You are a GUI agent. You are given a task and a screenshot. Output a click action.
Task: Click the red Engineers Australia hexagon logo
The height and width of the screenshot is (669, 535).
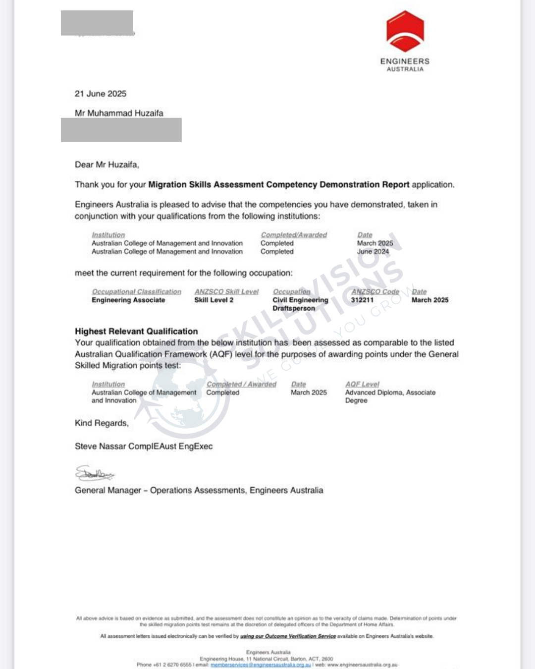[x=405, y=31]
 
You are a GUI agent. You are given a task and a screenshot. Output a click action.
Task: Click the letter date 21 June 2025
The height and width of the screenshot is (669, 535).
[x=101, y=94]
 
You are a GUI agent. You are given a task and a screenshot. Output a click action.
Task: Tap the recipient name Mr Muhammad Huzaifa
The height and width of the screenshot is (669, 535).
[x=119, y=113]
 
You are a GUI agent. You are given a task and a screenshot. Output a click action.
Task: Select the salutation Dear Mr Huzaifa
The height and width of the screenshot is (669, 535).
[x=107, y=165]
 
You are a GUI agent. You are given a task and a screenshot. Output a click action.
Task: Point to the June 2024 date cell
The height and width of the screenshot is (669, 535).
[x=373, y=252]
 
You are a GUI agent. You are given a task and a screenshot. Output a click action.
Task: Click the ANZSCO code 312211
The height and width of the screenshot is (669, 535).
[x=362, y=300]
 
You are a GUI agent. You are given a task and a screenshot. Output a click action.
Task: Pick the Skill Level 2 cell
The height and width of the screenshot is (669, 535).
[x=214, y=300]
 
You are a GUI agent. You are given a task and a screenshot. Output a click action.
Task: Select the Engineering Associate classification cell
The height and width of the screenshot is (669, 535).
[x=128, y=300]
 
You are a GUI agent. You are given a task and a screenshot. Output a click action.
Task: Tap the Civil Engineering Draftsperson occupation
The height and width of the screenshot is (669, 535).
[x=300, y=304]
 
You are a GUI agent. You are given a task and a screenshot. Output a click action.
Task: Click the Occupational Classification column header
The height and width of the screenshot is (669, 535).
[x=136, y=292]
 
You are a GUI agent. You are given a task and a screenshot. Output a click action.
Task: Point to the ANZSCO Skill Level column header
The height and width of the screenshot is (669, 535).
[x=226, y=292]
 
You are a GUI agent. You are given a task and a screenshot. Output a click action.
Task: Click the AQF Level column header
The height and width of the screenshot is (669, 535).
[x=362, y=384]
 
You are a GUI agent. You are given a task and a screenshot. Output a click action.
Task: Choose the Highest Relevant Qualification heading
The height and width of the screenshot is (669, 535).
[x=136, y=331]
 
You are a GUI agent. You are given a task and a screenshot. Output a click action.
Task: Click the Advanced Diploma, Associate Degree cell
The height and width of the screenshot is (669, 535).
[x=390, y=396]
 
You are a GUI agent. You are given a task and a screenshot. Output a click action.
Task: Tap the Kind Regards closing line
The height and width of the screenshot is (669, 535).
[x=102, y=423]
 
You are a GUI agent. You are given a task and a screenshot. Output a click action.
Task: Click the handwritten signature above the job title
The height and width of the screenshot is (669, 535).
[x=94, y=474]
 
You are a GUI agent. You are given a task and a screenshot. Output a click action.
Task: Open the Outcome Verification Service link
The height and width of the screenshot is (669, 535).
[x=288, y=636]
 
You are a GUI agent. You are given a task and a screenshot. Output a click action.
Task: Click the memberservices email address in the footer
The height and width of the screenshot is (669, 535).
[x=261, y=665]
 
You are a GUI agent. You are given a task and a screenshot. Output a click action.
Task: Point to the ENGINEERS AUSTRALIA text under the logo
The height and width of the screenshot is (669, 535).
[x=405, y=64]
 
